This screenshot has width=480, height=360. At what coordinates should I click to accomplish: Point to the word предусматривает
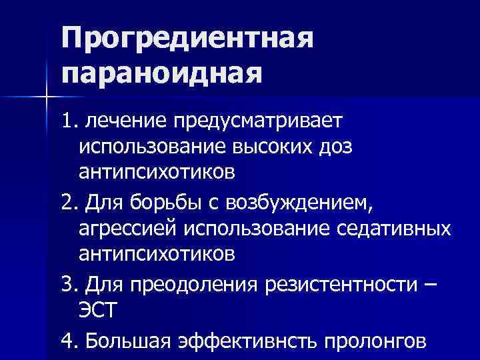pos(257,122)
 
